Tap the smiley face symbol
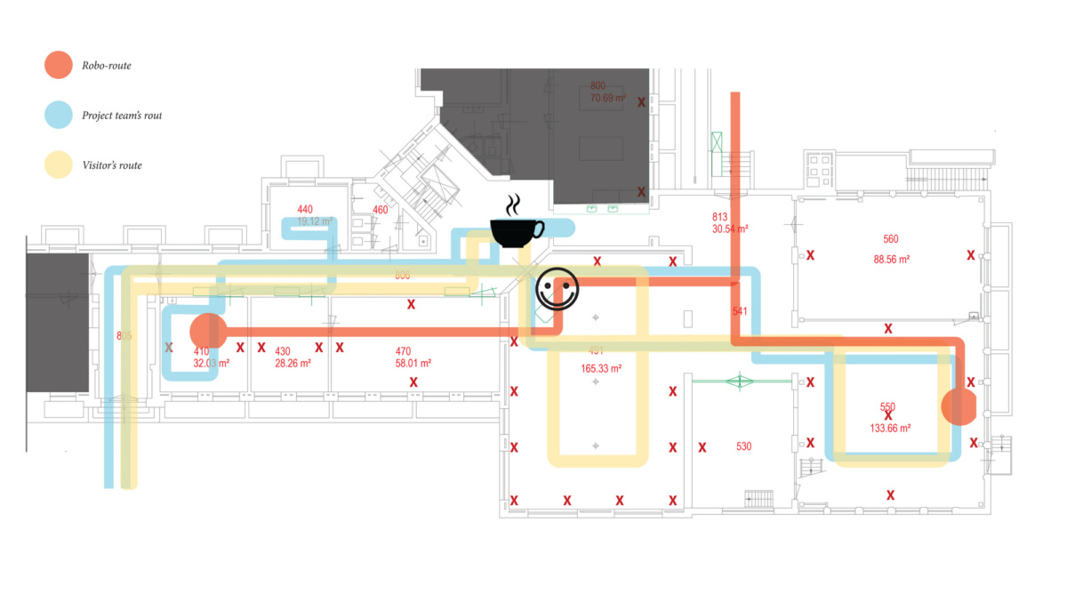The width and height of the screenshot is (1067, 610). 558,289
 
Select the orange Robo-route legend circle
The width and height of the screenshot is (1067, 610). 59,65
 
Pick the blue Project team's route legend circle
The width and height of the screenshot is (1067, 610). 59,115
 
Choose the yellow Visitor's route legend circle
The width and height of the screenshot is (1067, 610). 59,165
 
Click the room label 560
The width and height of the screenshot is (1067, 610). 891,239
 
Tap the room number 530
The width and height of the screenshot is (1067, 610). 744,446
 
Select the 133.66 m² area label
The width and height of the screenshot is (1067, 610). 890,428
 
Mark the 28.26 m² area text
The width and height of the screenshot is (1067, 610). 293,364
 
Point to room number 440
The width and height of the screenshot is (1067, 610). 305,209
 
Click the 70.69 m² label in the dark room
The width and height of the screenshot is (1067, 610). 608,98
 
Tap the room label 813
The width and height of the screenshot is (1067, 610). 720,217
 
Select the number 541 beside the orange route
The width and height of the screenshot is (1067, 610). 741,312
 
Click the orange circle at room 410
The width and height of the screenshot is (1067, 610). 210,333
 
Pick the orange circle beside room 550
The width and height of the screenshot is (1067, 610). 960,406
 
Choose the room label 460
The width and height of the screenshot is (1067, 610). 381,210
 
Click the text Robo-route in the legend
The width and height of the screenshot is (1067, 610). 107,66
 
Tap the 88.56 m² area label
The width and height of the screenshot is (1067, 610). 892,260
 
